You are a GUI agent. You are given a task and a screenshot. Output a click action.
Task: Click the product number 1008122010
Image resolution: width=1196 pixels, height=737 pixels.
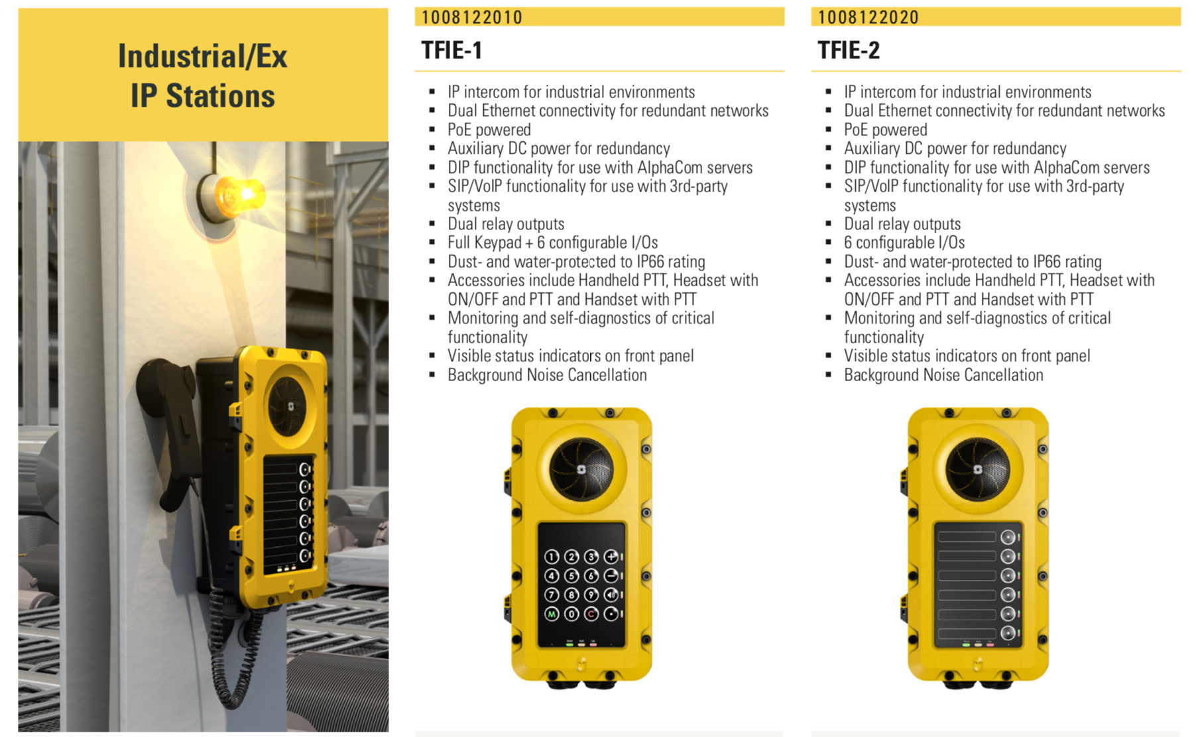coord(471,17)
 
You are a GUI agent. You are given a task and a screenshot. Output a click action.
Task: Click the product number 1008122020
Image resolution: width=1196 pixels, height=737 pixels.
coord(868,17)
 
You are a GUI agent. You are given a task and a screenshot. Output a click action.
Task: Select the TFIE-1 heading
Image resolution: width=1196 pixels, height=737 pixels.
coord(451,50)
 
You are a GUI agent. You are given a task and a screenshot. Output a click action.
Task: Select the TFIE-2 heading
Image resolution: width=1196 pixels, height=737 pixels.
coord(849,50)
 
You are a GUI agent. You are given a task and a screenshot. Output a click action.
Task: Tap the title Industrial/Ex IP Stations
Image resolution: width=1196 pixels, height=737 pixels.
coord(202,76)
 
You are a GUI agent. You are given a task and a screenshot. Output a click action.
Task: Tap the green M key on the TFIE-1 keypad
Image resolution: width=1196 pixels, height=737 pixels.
coord(552,614)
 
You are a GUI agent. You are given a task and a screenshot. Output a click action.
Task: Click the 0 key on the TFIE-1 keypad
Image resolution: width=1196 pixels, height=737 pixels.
coord(571,614)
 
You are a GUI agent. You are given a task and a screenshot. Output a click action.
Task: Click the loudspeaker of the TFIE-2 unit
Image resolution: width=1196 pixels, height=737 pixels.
coord(977,469)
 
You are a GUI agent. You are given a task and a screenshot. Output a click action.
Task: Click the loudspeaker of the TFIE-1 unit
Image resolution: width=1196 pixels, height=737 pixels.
coord(581,469)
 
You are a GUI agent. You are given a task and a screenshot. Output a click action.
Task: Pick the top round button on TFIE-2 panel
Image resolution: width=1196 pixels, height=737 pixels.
coord(1008,537)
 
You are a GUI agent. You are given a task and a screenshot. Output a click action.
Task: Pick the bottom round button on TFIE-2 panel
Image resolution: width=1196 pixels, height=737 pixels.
coord(1008,633)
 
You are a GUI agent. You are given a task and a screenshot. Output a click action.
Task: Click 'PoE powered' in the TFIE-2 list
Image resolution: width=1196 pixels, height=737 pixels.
coord(885,130)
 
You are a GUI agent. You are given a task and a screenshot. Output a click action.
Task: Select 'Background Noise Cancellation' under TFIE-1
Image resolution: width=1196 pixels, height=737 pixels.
coord(547,375)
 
